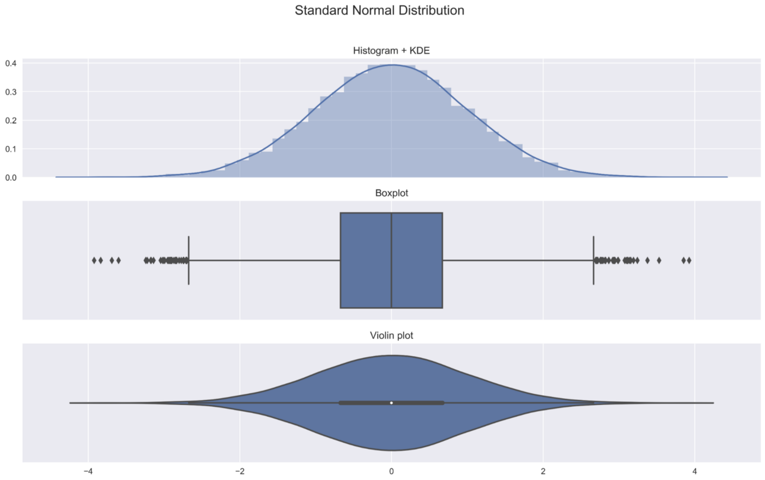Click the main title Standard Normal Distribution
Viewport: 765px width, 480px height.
click(379, 10)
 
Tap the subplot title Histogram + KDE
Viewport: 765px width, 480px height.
click(391, 51)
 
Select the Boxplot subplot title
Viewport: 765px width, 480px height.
click(391, 193)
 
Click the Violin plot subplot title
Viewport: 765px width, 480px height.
click(391, 335)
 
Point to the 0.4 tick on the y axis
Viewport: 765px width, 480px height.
click(10, 63)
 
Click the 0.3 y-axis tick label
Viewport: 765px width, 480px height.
click(10, 92)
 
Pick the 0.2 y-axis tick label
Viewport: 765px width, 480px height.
click(10, 120)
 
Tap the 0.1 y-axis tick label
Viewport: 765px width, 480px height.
click(10, 149)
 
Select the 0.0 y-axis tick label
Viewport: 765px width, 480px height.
click(10, 177)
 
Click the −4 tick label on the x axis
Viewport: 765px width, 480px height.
click(87, 471)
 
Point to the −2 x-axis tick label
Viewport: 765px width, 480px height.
click(239, 471)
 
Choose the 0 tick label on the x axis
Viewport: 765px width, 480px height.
click(391, 471)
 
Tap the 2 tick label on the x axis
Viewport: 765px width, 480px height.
click(543, 471)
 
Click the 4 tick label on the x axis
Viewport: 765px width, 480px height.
click(695, 471)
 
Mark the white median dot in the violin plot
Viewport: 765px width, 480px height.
click(391, 403)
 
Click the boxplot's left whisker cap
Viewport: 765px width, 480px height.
click(189, 260)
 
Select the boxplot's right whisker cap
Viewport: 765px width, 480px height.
click(593, 260)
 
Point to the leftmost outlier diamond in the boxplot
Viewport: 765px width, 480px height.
click(94, 260)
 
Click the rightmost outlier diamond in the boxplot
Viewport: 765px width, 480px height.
click(689, 260)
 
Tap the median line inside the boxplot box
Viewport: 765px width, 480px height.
click(391, 260)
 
